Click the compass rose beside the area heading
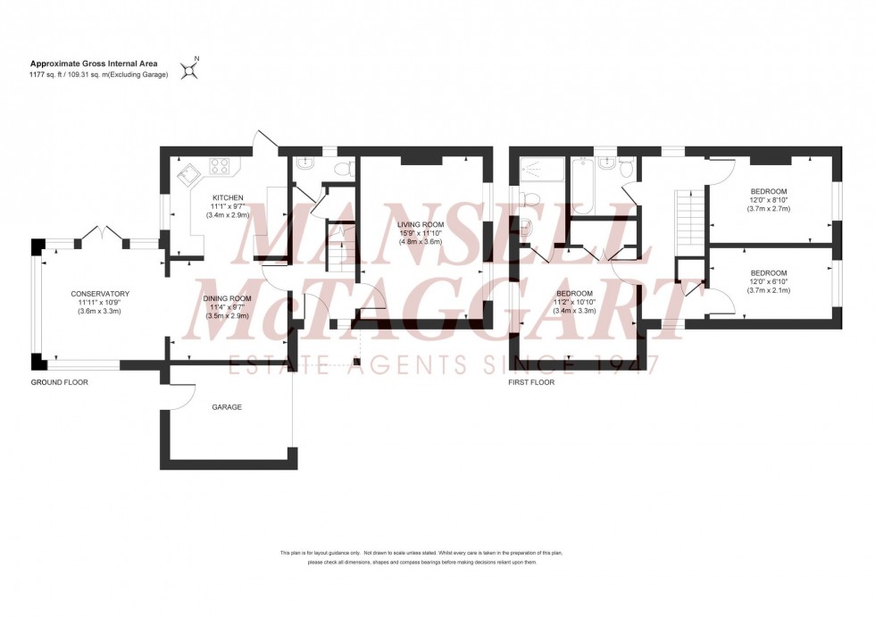[x=189, y=69]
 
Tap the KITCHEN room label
[x=227, y=197]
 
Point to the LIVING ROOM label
[x=421, y=224]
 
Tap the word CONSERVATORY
[x=101, y=294]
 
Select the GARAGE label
[x=227, y=406]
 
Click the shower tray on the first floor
[x=539, y=169]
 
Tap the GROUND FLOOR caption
[x=60, y=382]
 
